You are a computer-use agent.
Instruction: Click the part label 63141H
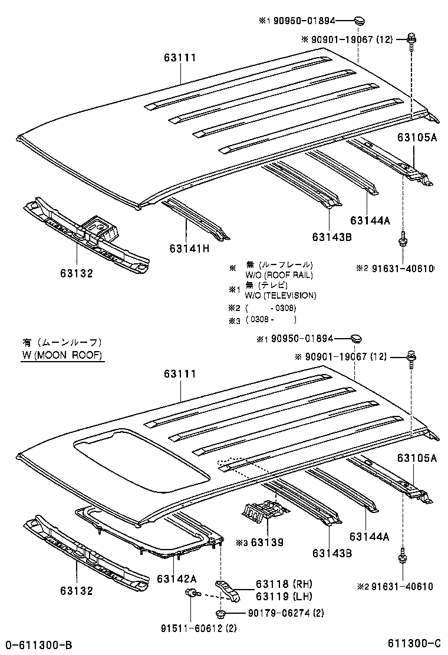(189, 248)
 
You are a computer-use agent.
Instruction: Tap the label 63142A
(177, 578)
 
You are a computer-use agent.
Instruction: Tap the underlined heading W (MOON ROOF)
(62, 355)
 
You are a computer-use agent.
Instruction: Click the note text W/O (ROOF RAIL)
(279, 275)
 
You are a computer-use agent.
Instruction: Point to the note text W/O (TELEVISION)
(281, 295)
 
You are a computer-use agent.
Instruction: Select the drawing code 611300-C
(414, 644)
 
